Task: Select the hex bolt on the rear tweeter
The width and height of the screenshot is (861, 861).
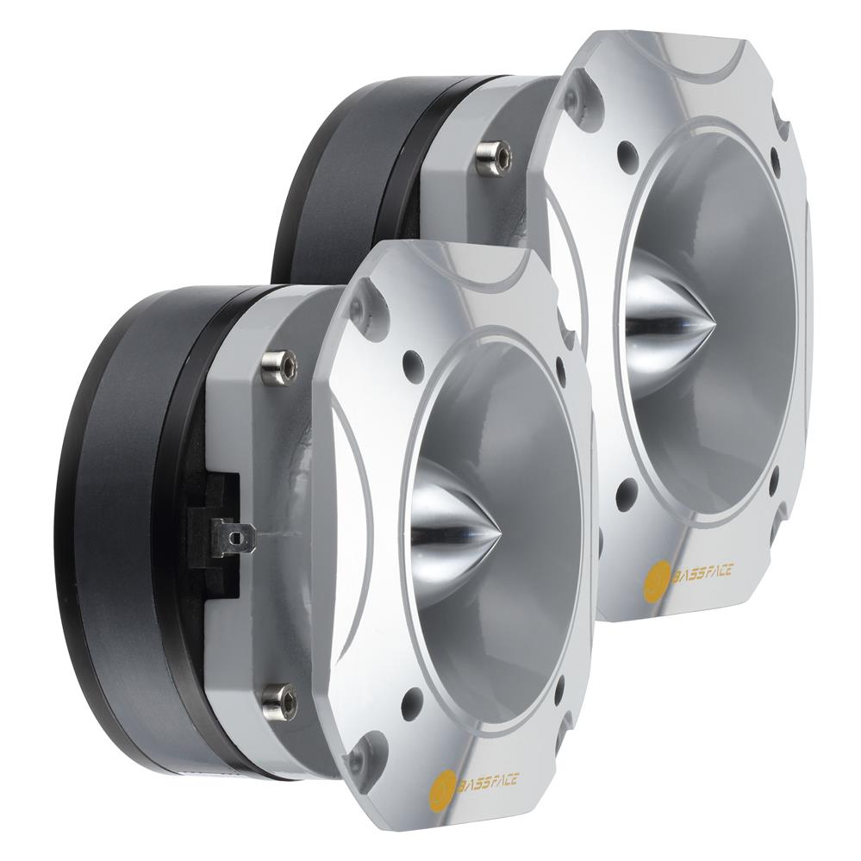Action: pos(494,157)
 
